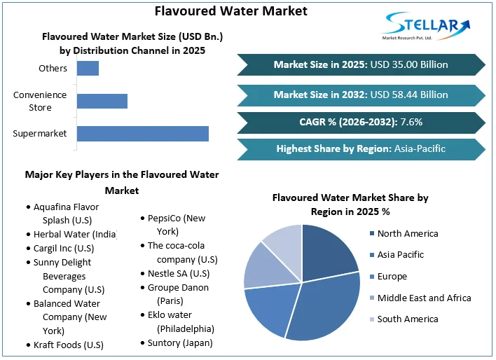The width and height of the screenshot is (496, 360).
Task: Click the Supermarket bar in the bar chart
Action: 142,133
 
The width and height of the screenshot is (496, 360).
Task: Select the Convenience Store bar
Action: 102,101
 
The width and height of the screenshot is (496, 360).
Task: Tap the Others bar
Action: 88,69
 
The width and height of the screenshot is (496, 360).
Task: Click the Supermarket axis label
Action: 39,133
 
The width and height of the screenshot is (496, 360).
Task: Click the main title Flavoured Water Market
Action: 230,11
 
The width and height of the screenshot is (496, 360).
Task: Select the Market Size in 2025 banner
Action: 361,64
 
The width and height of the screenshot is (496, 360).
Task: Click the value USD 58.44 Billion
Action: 409,95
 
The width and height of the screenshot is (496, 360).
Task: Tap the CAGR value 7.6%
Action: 411,122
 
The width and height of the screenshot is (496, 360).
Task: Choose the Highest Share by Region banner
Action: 361,148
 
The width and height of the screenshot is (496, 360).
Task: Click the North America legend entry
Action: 407,234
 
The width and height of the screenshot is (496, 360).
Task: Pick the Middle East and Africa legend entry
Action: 424,298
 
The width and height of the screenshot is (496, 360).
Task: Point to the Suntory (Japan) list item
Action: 179,343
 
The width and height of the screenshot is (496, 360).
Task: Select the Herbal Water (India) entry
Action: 74,235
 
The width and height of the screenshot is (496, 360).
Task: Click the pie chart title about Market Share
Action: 350,205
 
